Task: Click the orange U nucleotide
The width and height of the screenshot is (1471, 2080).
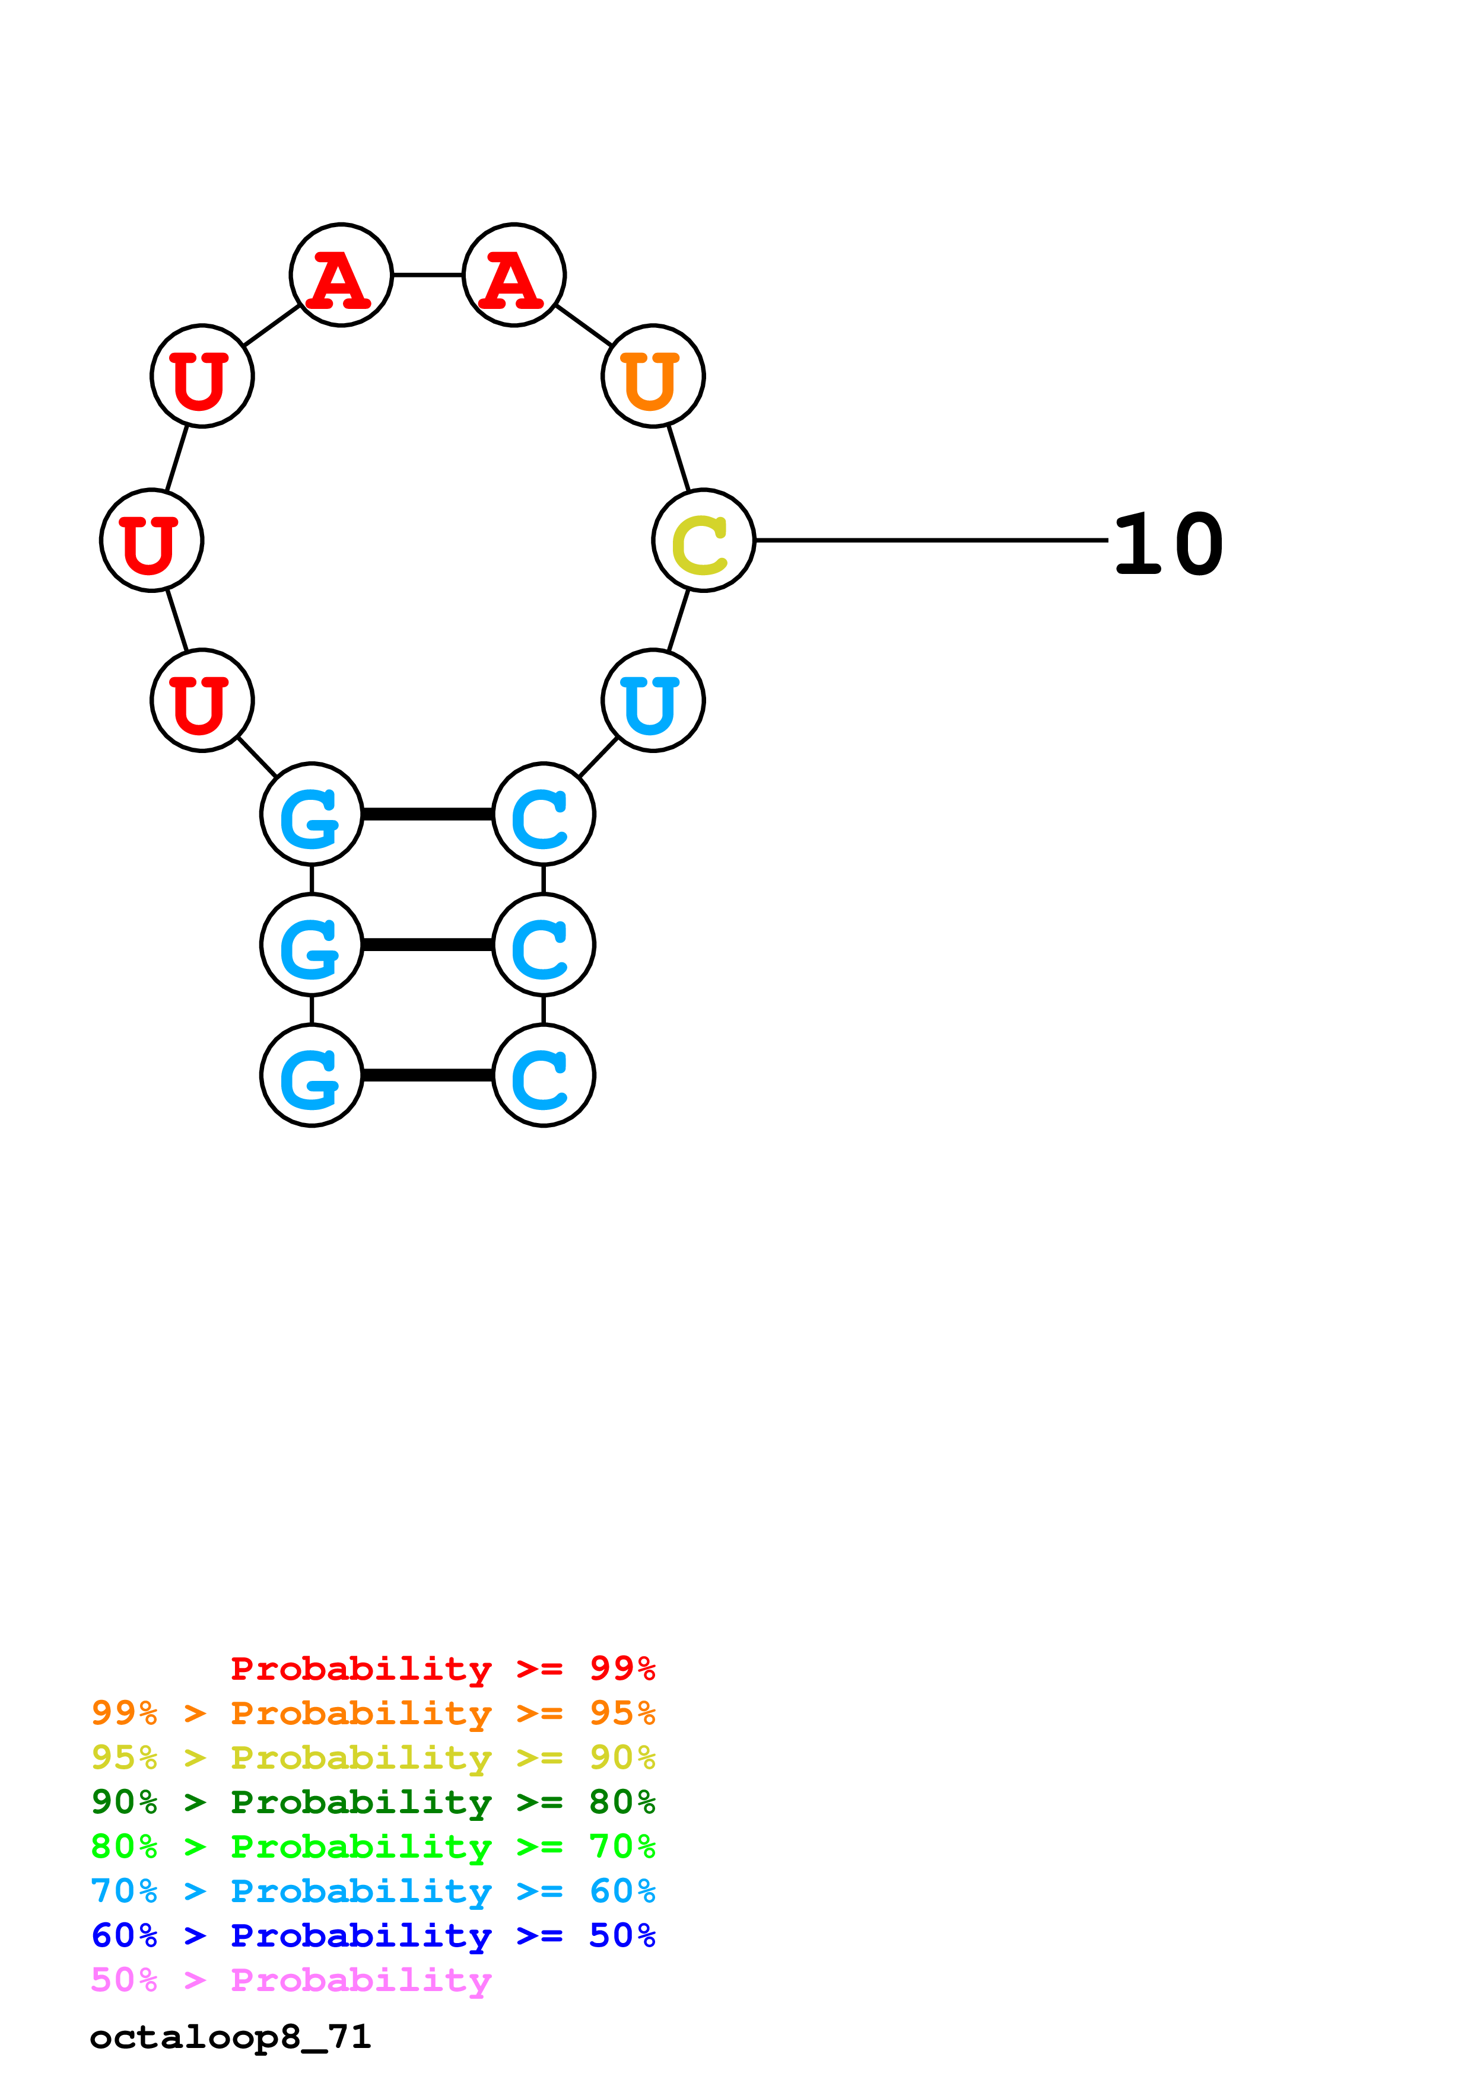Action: click(x=653, y=375)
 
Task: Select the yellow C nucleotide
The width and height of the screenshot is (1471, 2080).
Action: click(x=703, y=540)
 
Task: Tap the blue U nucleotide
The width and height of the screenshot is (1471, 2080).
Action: click(x=653, y=700)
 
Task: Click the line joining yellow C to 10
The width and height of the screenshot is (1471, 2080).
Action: click(x=931, y=540)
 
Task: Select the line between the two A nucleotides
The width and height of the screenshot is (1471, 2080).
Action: click(x=427, y=275)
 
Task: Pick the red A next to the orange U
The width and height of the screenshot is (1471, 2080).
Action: click(x=514, y=275)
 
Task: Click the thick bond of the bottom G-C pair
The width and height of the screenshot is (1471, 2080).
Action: click(x=427, y=1076)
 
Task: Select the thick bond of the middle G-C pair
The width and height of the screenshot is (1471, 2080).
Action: click(x=427, y=945)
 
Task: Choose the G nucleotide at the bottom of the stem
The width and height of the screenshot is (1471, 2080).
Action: click(x=312, y=1076)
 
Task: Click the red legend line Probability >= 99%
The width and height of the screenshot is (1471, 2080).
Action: click(x=442, y=1668)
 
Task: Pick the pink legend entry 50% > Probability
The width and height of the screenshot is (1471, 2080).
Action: click(x=291, y=1979)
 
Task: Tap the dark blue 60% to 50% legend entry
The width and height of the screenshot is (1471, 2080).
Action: click(x=373, y=1935)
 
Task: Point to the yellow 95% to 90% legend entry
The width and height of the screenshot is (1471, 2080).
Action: click(x=373, y=1757)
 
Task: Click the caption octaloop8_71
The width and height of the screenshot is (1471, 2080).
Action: click(x=230, y=2037)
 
